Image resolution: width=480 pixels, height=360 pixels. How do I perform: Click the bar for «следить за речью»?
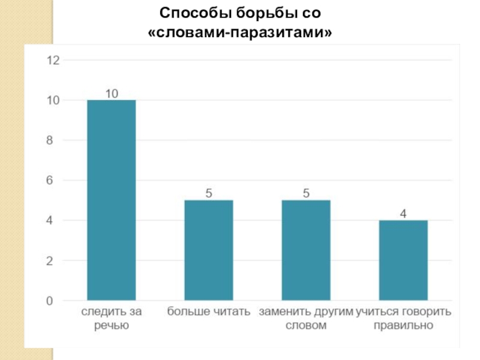112,200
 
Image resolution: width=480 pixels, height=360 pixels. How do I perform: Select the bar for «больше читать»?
209,250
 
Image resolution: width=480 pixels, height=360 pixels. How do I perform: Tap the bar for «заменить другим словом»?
306,250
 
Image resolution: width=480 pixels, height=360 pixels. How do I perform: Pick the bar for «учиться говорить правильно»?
403,260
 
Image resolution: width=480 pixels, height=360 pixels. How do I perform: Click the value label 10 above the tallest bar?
112,94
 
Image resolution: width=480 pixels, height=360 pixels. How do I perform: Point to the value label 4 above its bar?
403,214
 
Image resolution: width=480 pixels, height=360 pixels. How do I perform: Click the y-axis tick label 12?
53,60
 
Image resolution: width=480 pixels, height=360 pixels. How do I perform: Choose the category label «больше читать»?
209,313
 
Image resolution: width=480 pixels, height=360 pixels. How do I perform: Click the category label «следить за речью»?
112,319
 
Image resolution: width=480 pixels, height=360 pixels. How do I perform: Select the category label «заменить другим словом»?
306,319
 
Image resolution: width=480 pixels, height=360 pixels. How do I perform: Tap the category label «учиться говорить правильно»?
403,319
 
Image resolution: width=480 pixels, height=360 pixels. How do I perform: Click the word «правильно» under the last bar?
403,326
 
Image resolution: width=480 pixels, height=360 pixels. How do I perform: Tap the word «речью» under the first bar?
112,326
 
